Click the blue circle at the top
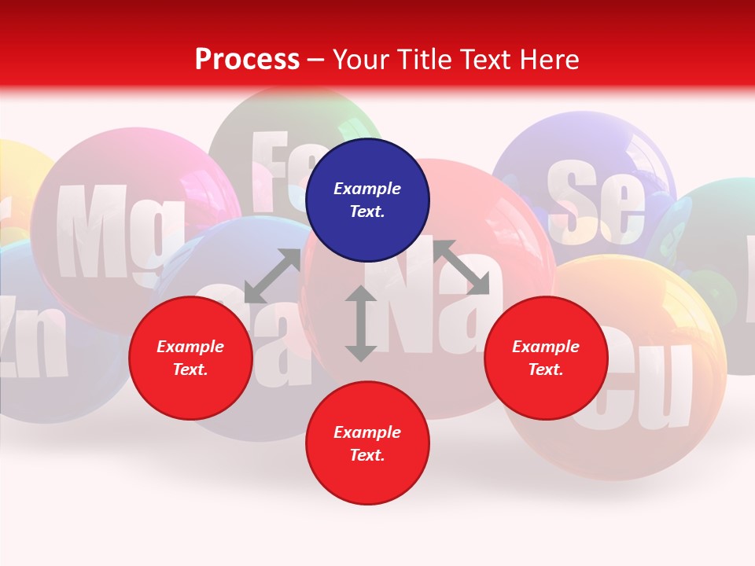click(367, 200)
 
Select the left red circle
click(190, 358)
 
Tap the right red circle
click(546, 358)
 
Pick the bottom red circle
click(367, 443)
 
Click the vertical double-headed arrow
click(360, 323)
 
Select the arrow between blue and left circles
click(272, 276)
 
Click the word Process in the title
click(247, 60)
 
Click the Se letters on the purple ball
click(595, 204)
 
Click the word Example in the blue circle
click(367, 189)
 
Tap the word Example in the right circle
click(546, 347)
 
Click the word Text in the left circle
click(190, 370)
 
